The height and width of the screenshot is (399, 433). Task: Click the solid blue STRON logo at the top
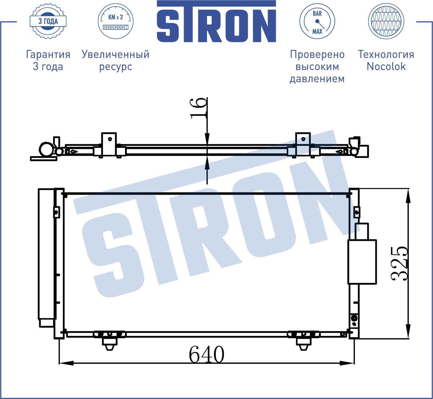tap(216, 22)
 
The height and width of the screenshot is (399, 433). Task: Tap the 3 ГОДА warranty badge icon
tap(48, 21)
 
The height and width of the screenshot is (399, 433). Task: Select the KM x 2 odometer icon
tap(116, 21)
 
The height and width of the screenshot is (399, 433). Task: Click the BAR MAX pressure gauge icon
tap(317, 21)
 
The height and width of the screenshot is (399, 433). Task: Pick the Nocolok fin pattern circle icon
tap(386, 21)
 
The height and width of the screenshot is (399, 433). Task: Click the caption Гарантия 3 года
tap(48, 60)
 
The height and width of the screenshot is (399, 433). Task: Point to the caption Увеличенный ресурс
tap(116, 60)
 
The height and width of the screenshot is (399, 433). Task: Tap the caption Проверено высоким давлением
tap(317, 66)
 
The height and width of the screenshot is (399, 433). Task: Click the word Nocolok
tap(386, 66)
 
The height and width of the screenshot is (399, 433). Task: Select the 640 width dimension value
tap(206, 354)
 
